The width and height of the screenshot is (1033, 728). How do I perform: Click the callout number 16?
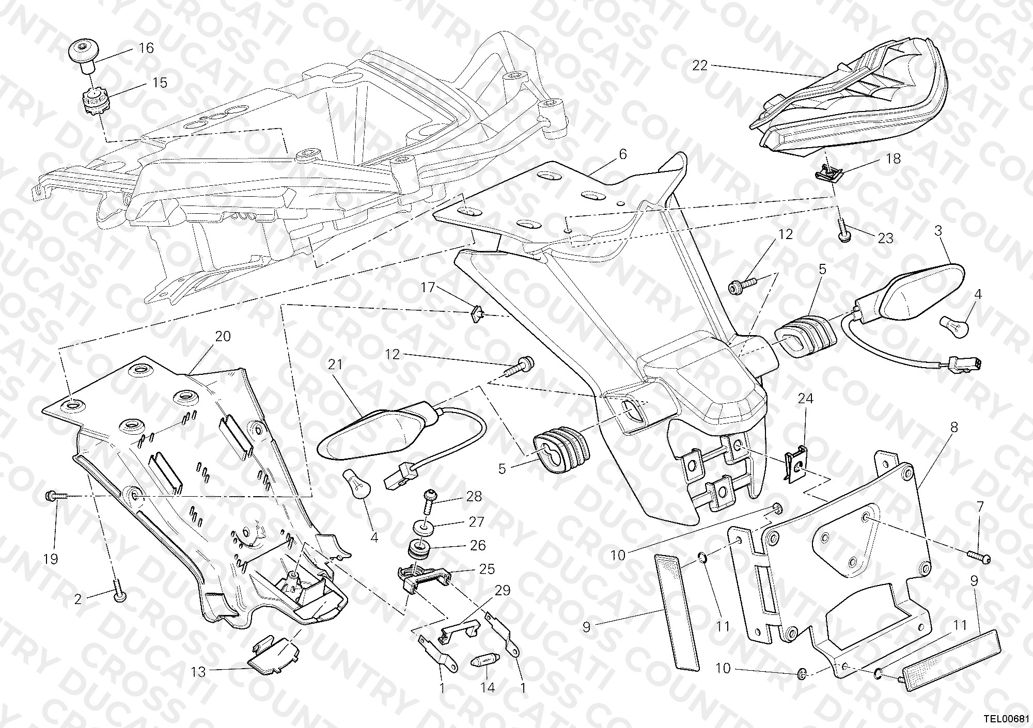[146, 48]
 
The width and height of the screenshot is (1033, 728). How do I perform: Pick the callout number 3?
[938, 231]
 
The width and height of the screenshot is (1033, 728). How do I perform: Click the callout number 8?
[953, 428]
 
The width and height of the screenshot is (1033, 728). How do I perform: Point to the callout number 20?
[223, 337]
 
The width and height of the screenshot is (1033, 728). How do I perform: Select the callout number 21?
[336, 365]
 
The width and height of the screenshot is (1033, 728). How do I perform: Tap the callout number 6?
[622, 154]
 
